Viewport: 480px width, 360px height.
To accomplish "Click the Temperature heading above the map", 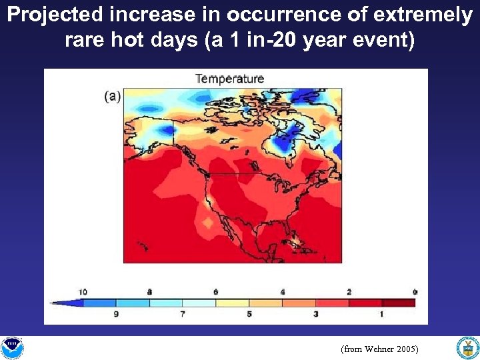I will tap(229, 79).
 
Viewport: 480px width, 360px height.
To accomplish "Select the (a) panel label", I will tap(112, 96).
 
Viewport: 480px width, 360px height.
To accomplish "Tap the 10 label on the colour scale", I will tap(83, 292).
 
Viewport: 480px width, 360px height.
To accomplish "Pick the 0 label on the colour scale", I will tap(415, 292).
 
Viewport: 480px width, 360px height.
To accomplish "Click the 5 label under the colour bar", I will tap(249, 313).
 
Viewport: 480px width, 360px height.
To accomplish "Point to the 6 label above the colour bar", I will tap(216, 292).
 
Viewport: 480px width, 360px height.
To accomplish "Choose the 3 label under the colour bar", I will tap(315, 313).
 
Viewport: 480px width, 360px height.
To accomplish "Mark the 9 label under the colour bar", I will tap(117, 313).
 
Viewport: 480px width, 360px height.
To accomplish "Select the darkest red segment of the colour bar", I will tap(398, 303).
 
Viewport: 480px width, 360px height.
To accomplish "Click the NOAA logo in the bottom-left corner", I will tap(12, 347).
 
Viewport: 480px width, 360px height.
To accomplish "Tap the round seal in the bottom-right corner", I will tap(467, 347).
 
